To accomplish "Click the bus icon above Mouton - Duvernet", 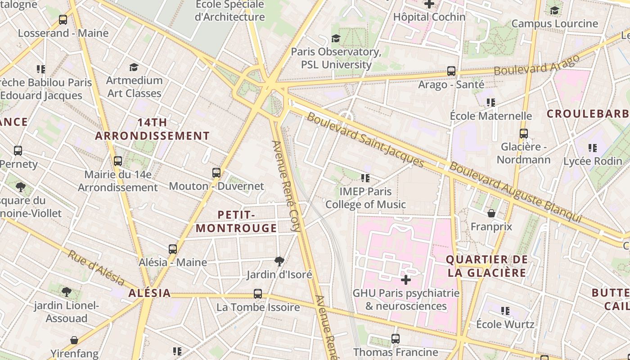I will click(216, 173).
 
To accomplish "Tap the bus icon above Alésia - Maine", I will click(173, 249).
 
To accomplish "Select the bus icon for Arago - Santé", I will click(451, 71).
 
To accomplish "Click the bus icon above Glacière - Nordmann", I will click(523, 134).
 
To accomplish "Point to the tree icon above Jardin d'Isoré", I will click(279, 261).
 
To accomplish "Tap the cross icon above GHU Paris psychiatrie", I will click(406, 280).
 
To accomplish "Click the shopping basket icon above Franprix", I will click(491, 213).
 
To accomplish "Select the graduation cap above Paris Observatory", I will click(336, 38).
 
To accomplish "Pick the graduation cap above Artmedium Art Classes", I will click(134, 67).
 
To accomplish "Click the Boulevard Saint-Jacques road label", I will click(365, 140).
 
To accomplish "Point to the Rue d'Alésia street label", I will click(96, 268).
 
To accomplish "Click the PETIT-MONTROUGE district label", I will click(236, 221).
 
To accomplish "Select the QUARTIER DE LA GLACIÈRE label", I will click(486, 266).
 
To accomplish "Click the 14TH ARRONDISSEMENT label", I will click(153, 129).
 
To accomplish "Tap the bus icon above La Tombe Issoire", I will click(258, 294).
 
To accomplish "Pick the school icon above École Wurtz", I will click(505, 311).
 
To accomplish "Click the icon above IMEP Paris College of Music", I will click(365, 178).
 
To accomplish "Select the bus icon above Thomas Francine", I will click(396, 339).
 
